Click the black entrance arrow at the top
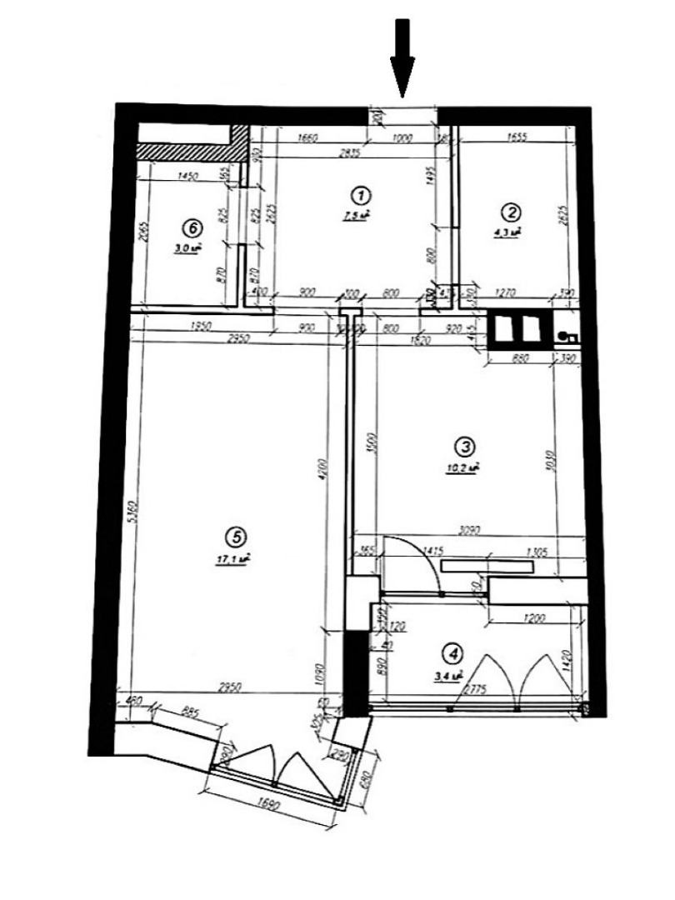(x=403, y=54)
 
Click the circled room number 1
(x=361, y=196)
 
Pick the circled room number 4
(x=452, y=654)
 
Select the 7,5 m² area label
(x=359, y=216)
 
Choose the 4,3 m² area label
(x=511, y=231)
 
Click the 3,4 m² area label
(x=448, y=676)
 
